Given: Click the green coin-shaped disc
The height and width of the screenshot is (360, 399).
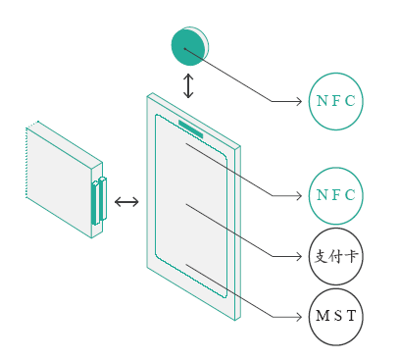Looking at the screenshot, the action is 189,46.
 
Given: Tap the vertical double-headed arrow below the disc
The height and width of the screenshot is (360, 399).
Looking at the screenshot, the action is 188,86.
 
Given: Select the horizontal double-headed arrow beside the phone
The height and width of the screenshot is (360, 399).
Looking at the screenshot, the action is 126,202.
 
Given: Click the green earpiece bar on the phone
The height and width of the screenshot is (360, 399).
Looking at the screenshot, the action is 191,129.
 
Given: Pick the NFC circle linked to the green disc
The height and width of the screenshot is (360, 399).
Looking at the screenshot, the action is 336,101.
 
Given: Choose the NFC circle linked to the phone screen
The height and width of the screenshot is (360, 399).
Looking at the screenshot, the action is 336,195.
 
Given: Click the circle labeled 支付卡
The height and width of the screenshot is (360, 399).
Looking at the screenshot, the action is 336,256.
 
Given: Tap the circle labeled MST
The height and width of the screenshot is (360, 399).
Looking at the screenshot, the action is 336,317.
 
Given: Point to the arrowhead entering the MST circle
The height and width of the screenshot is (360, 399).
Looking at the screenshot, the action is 298,317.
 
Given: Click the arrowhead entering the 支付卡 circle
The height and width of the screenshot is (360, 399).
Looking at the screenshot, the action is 298,256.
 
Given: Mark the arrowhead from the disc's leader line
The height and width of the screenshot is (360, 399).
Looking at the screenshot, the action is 298,101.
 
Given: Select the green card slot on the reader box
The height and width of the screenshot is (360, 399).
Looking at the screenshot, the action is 99,202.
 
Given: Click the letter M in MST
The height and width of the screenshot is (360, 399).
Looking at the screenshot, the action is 323,316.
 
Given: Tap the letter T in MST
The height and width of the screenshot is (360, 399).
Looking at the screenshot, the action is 351,316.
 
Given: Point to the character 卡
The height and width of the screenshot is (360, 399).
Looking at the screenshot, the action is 352,256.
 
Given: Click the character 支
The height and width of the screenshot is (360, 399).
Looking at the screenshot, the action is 321,256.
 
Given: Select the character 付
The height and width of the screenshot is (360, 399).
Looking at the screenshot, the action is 336,256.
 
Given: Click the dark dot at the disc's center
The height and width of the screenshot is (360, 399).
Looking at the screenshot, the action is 184,49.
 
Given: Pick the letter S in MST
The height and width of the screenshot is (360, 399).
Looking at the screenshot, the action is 338,316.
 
